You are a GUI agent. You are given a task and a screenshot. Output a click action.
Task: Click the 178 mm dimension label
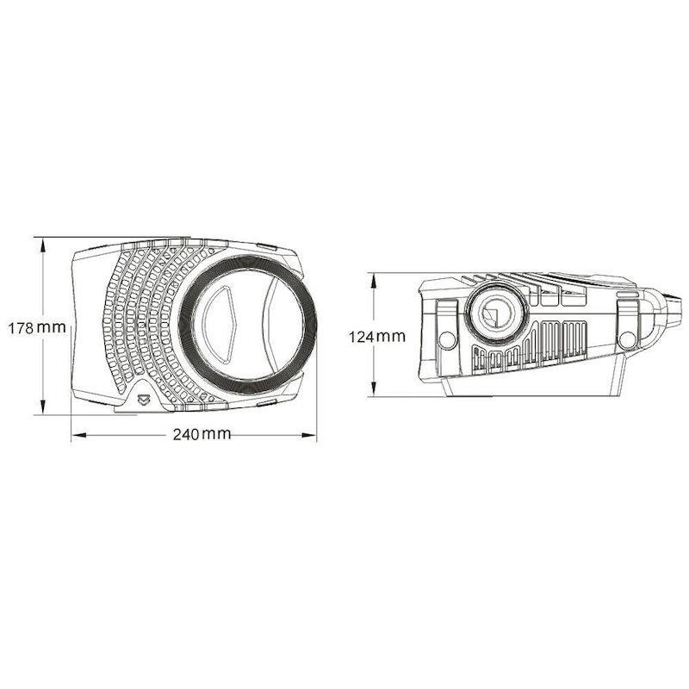click(36, 327)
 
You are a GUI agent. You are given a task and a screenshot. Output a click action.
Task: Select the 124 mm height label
click(376, 337)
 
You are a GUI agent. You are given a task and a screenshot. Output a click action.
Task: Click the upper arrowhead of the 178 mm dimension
click(43, 243)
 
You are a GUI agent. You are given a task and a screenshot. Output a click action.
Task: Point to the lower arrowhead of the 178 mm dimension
click(43, 409)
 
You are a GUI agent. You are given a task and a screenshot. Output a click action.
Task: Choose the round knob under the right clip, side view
click(627, 339)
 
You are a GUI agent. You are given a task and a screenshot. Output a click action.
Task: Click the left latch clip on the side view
click(448, 310)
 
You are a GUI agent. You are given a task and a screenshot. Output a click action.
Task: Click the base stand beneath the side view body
click(534, 387)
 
